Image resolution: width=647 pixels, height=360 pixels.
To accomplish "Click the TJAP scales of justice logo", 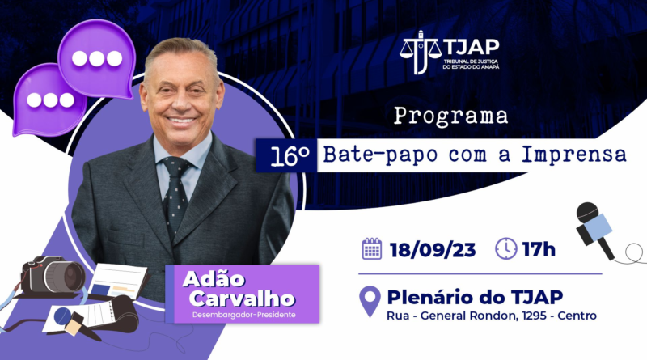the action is [420, 52].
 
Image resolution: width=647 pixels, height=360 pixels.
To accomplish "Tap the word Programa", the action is [450, 116].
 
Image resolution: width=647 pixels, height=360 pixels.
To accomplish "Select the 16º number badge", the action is [287, 155].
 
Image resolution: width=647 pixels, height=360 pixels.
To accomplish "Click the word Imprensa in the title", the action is [574, 155].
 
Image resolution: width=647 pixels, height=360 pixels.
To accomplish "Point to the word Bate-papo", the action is [380, 155].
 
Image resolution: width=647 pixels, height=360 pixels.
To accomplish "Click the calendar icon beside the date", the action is [372, 248].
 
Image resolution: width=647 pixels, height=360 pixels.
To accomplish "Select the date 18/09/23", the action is [433, 250].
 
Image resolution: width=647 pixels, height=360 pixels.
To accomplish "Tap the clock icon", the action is [506, 248].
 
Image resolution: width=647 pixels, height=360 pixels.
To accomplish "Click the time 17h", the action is [539, 249].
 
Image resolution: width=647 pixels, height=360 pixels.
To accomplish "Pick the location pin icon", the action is [370, 301].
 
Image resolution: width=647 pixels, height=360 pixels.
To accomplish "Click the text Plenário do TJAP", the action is [475, 297].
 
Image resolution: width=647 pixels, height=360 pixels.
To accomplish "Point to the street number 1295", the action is [534, 316].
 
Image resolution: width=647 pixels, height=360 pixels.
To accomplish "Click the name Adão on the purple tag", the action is [214, 279].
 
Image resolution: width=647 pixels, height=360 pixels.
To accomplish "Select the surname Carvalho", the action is [242, 299].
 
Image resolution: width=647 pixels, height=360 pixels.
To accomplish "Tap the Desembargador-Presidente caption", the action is [244, 315].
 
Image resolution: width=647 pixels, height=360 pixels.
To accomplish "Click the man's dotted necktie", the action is [176, 194].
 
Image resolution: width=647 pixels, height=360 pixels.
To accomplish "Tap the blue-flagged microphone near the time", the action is [595, 230].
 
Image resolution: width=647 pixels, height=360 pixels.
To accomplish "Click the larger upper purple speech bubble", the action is [96, 58].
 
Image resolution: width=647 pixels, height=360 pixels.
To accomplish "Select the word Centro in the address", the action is [577, 316].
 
